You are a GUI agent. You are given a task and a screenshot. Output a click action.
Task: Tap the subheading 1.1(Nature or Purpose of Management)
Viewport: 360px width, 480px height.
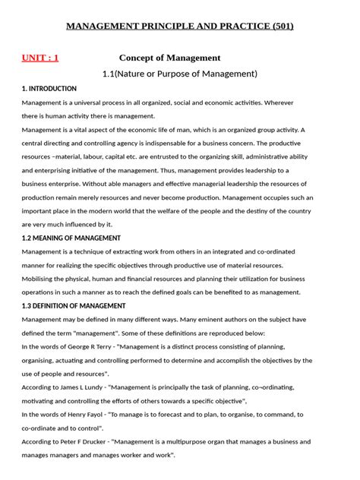[x=180, y=74]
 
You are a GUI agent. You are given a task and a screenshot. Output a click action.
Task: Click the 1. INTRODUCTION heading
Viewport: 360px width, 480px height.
[x=49, y=89]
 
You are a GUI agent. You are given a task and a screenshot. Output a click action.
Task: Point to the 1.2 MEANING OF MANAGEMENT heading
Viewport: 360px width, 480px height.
[x=71, y=238]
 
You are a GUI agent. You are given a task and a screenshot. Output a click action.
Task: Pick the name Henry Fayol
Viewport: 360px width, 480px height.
[x=98, y=415]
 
